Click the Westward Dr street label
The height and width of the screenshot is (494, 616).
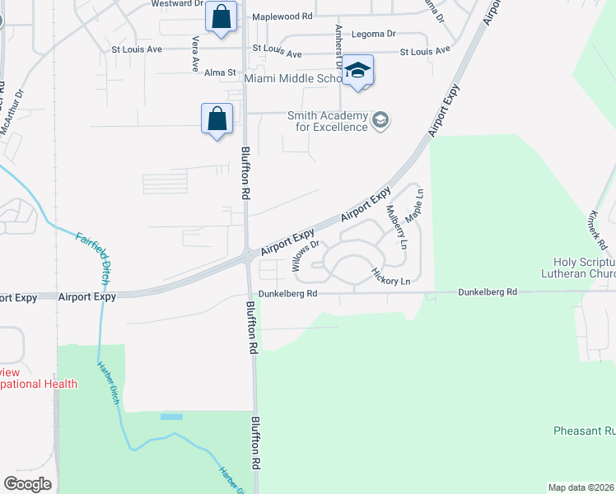click(x=176, y=4)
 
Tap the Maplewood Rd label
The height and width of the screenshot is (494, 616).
click(x=282, y=16)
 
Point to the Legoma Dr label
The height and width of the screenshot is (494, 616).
click(x=373, y=35)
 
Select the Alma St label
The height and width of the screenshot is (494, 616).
click(x=220, y=72)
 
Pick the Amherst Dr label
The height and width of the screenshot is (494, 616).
click(x=338, y=46)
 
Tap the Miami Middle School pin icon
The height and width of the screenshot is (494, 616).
click(x=357, y=71)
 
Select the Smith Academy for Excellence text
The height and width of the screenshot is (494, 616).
click(x=327, y=122)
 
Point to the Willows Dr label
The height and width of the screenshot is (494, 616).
click(x=304, y=256)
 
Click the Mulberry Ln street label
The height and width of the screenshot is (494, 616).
click(x=397, y=227)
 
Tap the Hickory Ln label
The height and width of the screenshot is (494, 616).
click(x=390, y=276)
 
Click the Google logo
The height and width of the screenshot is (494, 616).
click(x=27, y=484)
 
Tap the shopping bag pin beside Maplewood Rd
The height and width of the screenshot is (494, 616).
click(x=221, y=16)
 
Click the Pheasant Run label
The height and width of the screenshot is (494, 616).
click(x=583, y=431)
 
